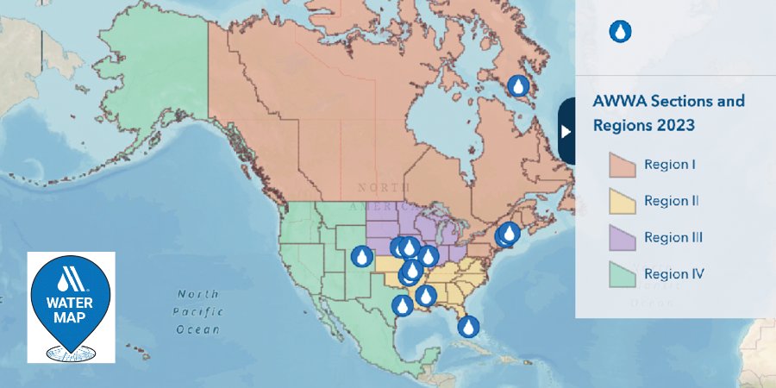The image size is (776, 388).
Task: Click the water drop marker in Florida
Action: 468,327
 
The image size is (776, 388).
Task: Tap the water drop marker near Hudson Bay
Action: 518,86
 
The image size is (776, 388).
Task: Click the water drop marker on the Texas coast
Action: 403,305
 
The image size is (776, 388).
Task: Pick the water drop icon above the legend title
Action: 620,32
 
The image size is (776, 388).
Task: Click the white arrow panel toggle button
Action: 566,131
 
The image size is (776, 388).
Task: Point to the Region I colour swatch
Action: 622,164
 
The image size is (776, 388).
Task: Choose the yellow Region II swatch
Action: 622,201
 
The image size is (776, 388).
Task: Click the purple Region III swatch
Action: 622,237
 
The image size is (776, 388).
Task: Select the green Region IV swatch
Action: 622,274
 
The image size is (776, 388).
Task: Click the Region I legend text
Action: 670,164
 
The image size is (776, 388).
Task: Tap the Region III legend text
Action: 673,237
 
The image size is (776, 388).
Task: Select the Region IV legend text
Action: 674,274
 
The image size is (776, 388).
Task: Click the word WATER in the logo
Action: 71,303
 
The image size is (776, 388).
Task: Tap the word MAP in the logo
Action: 71,319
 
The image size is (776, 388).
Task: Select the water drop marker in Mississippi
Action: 424,297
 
